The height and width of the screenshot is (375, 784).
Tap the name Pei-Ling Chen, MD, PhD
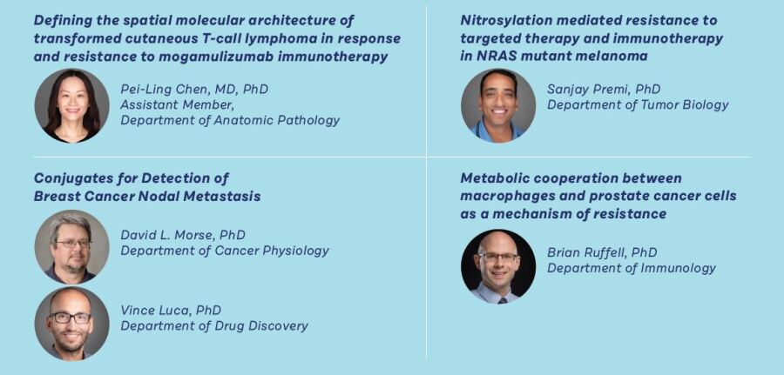[x=194, y=89]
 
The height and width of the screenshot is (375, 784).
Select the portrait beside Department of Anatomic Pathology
[x=72, y=106]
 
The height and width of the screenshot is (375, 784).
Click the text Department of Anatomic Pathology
[x=230, y=120]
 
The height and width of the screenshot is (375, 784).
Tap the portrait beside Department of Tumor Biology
[x=498, y=106]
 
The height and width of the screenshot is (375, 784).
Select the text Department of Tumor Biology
[x=638, y=105]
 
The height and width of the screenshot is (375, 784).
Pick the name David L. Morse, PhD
[x=183, y=235]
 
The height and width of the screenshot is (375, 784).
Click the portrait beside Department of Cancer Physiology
[x=72, y=247]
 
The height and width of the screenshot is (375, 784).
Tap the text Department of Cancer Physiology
[x=225, y=251]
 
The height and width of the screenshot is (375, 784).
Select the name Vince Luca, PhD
[x=171, y=310]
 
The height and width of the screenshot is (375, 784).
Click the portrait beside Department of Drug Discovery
[x=72, y=324]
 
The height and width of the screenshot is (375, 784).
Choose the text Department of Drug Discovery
[x=214, y=325]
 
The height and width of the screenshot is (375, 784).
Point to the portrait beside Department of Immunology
[x=498, y=266]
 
